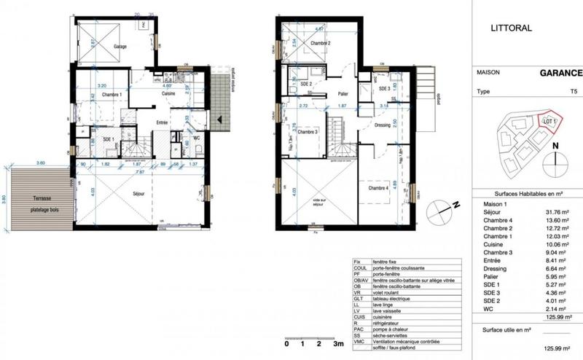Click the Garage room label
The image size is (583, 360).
[120, 47]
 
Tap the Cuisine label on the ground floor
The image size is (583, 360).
[172, 94]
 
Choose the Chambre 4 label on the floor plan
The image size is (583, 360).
[377, 188]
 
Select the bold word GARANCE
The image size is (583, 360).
[560, 73]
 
